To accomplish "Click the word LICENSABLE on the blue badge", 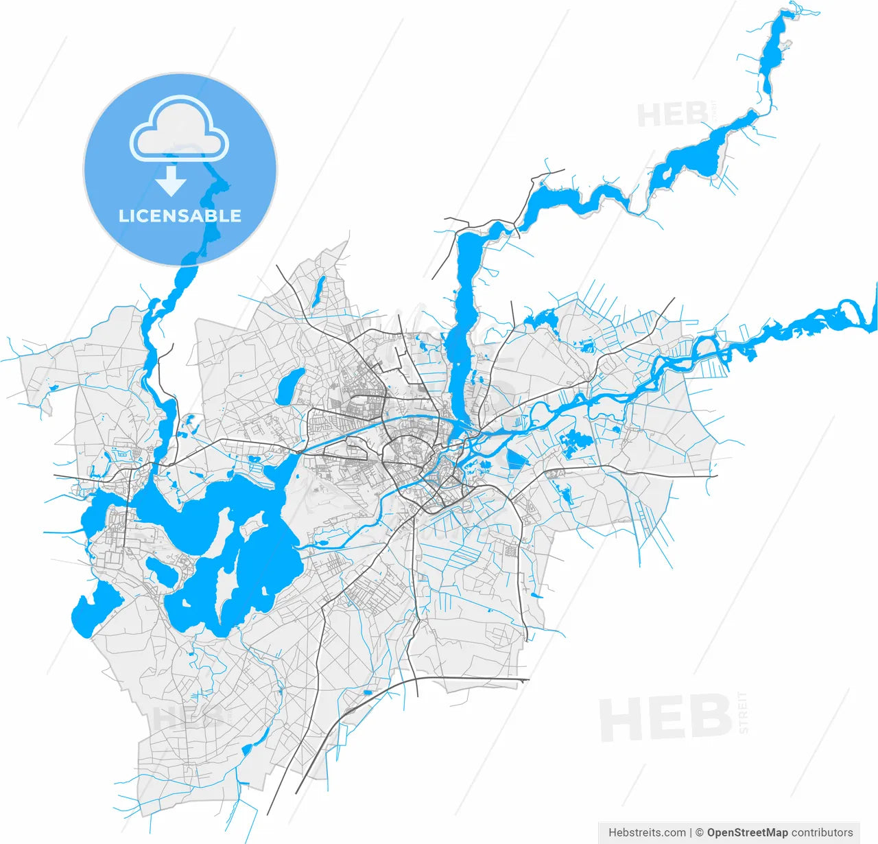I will click(180, 216).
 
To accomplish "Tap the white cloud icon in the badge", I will click(180, 130).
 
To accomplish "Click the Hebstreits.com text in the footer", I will click(647, 832).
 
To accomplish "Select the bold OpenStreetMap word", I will click(748, 832).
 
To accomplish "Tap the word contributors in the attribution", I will click(822, 832).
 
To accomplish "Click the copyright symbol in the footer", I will click(700, 832).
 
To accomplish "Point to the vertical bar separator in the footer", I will click(691, 832).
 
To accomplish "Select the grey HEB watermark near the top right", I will click(672, 114).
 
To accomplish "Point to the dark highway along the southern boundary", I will click(473, 679).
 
